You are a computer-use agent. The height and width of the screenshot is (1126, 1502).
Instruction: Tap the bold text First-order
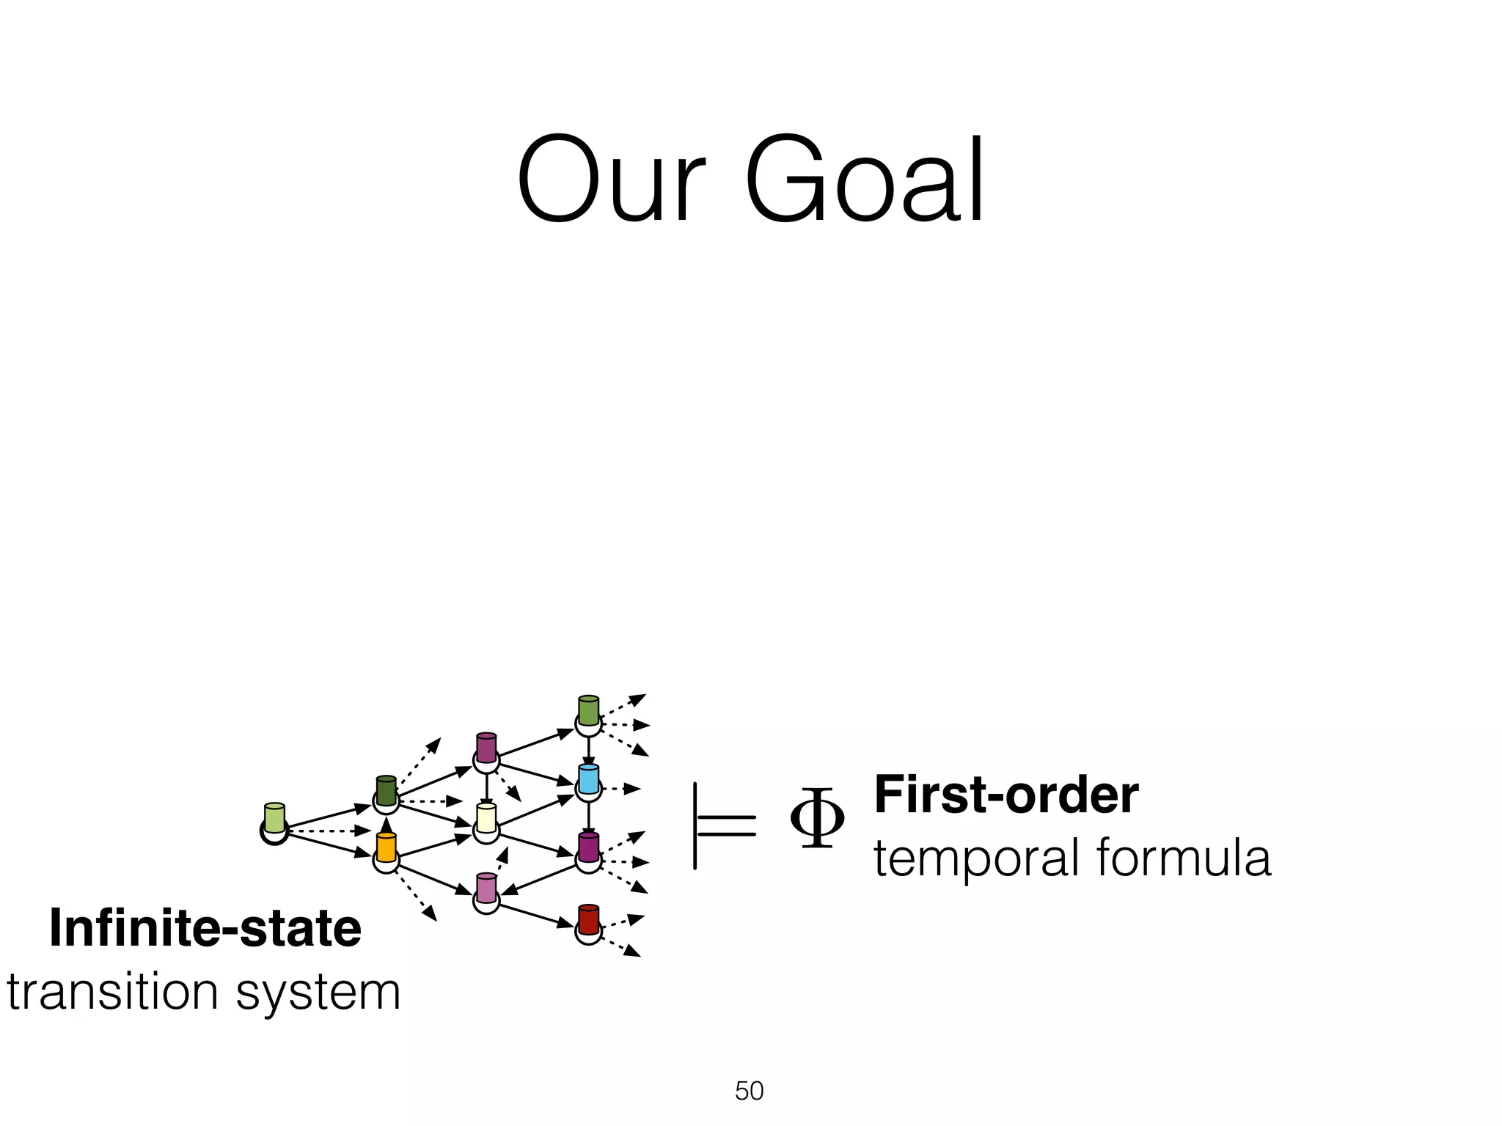point(1006,795)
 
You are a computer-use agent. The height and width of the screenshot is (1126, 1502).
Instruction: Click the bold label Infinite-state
point(205,929)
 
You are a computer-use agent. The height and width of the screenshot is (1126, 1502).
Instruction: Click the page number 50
point(749,1091)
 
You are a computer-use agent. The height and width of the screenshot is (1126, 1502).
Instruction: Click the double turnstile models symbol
point(723,825)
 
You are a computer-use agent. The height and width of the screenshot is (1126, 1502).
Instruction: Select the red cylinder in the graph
point(588,919)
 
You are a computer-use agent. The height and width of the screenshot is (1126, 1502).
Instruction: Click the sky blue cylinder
point(588,779)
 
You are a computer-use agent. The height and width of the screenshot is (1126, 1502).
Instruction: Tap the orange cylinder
point(386,847)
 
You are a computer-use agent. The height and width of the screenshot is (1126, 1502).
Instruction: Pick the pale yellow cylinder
point(486,817)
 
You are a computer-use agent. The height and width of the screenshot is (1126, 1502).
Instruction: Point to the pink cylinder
point(486,887)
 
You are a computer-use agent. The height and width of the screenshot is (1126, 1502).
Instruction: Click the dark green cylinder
point(386,790)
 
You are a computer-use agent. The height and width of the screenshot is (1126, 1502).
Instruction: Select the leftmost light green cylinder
point(274,817)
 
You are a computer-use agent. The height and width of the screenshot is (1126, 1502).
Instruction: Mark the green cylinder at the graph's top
point(588,710)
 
